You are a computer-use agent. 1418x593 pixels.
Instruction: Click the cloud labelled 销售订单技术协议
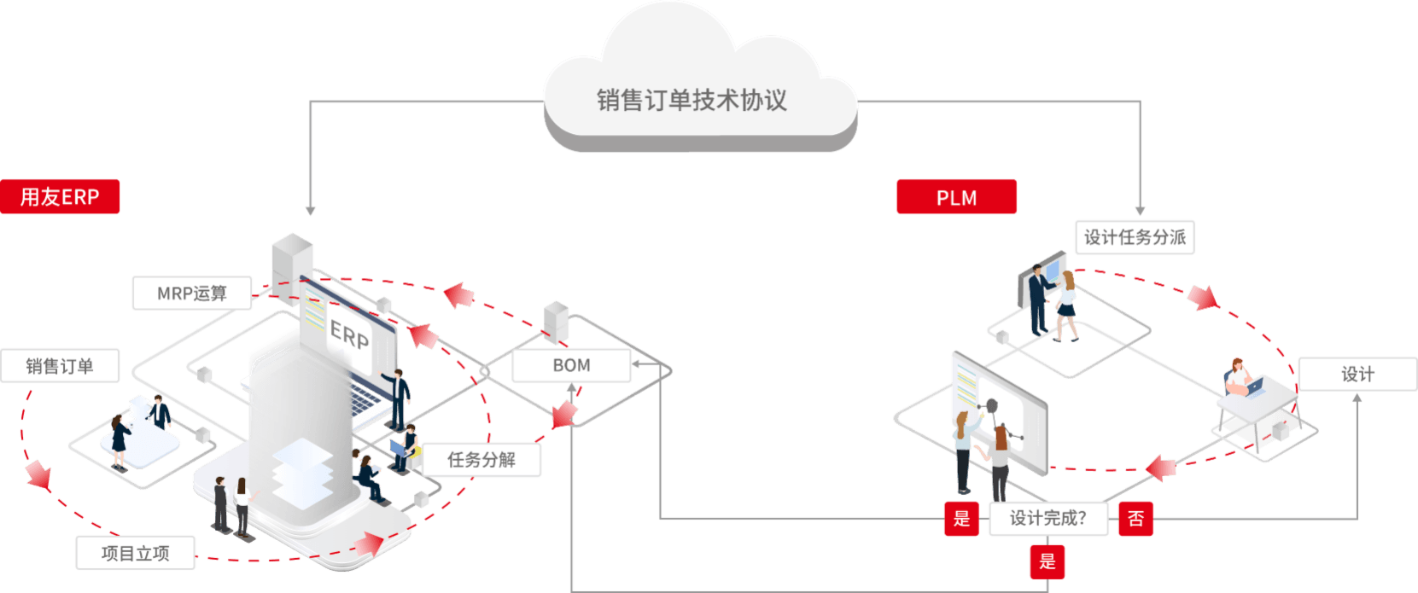[691, 100]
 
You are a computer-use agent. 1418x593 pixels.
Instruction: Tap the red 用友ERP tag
[60, 197]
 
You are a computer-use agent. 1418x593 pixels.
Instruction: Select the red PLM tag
[956, 198]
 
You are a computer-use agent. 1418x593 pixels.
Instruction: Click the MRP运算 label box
[192, 294]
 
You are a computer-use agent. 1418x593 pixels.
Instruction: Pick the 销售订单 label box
[60, 366]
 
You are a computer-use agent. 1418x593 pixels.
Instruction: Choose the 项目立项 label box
[136, 553]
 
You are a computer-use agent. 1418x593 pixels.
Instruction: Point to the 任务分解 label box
[481, 460]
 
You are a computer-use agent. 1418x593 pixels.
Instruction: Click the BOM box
[571, 365]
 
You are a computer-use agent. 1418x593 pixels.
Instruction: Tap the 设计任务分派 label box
[1135, 237]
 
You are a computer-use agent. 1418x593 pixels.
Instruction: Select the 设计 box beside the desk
[1357, 374]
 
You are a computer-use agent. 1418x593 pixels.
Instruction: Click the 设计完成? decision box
[1048, 518]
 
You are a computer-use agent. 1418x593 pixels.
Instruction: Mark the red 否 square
[1135, 519]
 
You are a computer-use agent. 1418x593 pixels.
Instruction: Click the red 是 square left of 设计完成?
[961, 519]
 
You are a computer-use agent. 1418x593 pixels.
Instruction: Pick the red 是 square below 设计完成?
[1047, 561]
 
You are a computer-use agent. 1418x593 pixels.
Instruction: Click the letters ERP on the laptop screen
[349, 334]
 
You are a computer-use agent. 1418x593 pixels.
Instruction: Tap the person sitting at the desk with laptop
[1237, 379]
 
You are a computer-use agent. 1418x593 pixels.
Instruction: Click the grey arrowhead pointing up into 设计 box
[1357, 397]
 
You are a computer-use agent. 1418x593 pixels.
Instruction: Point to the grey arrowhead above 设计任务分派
[1140, 210]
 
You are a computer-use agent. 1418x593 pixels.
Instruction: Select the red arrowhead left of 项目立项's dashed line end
[38, 474]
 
